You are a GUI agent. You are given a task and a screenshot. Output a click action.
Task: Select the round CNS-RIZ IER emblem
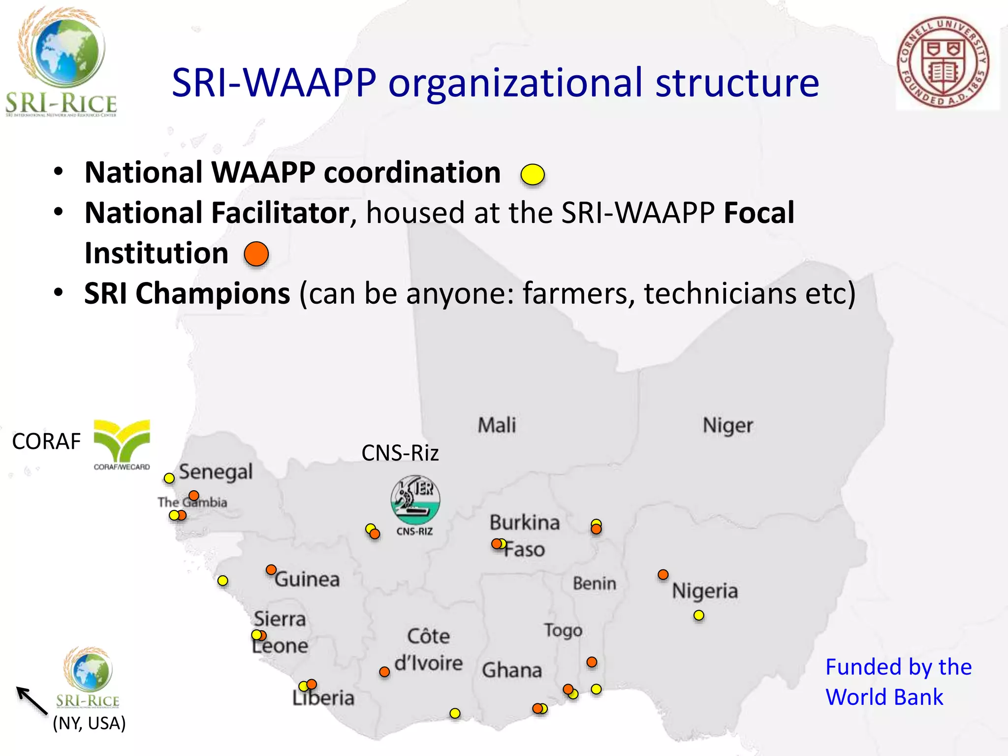pyautogui.click(x=415, y=500)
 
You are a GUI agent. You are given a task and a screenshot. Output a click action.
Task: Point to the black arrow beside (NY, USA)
pyautogui.click(x=31, y=699)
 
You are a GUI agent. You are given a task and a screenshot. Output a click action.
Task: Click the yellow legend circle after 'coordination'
pyautogui.click(x=533, y=174)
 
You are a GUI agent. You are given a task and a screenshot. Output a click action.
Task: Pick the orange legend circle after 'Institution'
pyautogui.click(x=256, y=254)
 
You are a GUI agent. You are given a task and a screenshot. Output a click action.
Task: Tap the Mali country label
pyautogui.click(x=497, y=425)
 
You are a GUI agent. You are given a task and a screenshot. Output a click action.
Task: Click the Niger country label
pyautogui.click(x=728, y=425)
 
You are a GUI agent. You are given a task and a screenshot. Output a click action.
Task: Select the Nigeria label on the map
pyautogui.click(x=705, y=591)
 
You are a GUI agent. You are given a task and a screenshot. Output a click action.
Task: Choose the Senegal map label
pyautogui.click(x=216, y=472)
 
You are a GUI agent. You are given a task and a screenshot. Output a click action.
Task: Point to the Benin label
pyautogui.click(x=594, y=584)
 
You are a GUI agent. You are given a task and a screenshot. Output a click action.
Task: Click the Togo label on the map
pyautogui.click(x=563, y=630)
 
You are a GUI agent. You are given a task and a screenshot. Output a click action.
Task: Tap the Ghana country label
pyautogui.click(x=512, y=670)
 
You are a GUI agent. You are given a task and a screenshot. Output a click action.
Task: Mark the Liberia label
pyautogui.click(x=323, y=698)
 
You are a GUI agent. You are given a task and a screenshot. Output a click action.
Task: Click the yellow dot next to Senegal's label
pyautogui.click(x=169, y=478)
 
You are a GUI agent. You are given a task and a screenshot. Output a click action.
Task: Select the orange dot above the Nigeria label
pyautogui.click(x=663, y=574)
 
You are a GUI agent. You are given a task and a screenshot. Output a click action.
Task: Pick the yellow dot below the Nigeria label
pyautogui.click(x=698, y=615)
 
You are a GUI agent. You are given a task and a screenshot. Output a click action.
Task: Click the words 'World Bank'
pyautogui.click(x=884, y=697)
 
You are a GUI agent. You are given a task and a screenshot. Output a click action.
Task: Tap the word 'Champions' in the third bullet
pyautogui.click(x=213, y=294)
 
